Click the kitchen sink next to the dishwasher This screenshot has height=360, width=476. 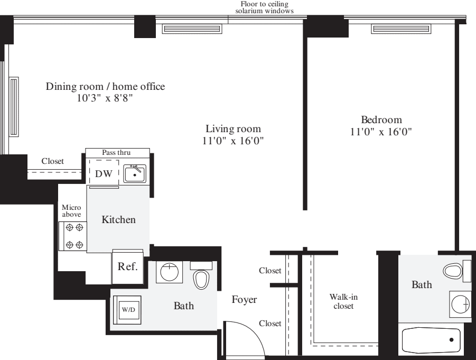(135, 173)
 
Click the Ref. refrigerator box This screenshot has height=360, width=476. (127, 266)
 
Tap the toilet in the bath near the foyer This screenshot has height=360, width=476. (201, 276)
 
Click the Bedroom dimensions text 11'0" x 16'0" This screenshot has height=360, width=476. (381, 132)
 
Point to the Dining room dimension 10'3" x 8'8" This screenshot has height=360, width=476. (105, 98)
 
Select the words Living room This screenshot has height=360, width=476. (234, 129)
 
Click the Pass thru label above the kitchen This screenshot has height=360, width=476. (116, 152)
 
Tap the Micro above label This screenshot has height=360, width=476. (71, 211)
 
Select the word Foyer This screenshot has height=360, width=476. (244, 300)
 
